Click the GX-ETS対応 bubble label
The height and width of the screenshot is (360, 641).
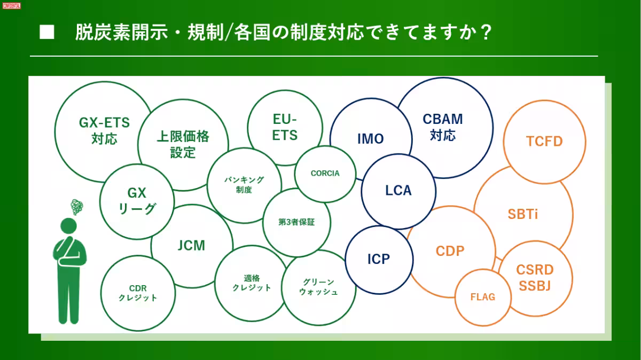point(104,131)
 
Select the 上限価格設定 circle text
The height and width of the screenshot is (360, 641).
point(183,144)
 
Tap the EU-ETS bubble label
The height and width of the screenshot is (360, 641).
point(285,127)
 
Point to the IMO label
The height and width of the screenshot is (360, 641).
point(371,139)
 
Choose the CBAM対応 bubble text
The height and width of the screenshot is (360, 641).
point(443,127)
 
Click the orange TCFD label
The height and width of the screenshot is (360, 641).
point(544,141)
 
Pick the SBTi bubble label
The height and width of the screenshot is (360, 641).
point(522,214)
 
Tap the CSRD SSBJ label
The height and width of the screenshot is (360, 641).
point(535,278)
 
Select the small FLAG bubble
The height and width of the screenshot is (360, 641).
point(482,297)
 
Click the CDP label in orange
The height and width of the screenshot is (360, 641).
point(450,251)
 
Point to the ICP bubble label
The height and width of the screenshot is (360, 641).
point(378,260)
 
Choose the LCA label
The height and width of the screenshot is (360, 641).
point(398,190)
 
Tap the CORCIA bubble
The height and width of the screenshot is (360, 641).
point(325,173)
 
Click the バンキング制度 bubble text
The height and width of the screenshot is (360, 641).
point(244,185)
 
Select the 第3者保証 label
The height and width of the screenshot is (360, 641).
point(297,222)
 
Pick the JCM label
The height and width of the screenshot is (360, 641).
point(191,245)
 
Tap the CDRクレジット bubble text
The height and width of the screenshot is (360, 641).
point(138,293)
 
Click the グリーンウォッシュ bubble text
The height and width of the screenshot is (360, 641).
point(318,287)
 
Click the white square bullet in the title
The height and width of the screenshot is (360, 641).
point(47,33)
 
